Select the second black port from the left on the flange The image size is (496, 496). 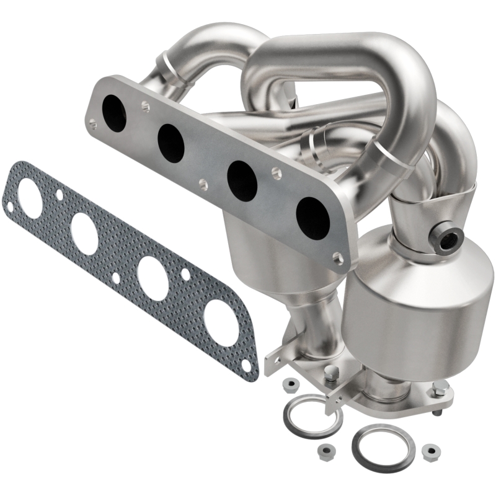coord(170,143)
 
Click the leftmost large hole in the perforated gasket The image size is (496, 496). coord(30,198)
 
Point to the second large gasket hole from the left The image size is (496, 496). coord(84,233)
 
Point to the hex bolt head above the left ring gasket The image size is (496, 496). coord(332,373)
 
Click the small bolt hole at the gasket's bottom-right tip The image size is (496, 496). coord(247,366)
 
